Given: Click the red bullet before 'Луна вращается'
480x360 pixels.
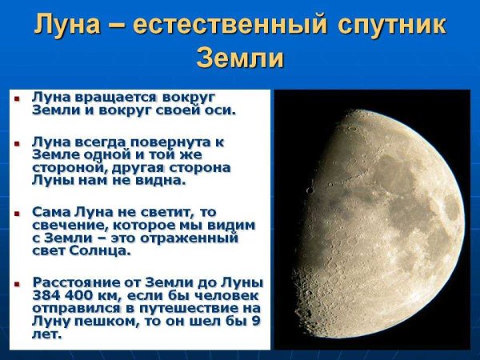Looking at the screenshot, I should point(18,98).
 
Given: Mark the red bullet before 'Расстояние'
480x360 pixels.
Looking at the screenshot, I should point(18,282).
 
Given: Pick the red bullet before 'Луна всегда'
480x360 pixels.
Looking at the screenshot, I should point(18,142).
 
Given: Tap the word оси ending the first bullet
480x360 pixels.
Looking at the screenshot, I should point(222,110).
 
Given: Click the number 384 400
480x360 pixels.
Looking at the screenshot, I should point(64,295).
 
